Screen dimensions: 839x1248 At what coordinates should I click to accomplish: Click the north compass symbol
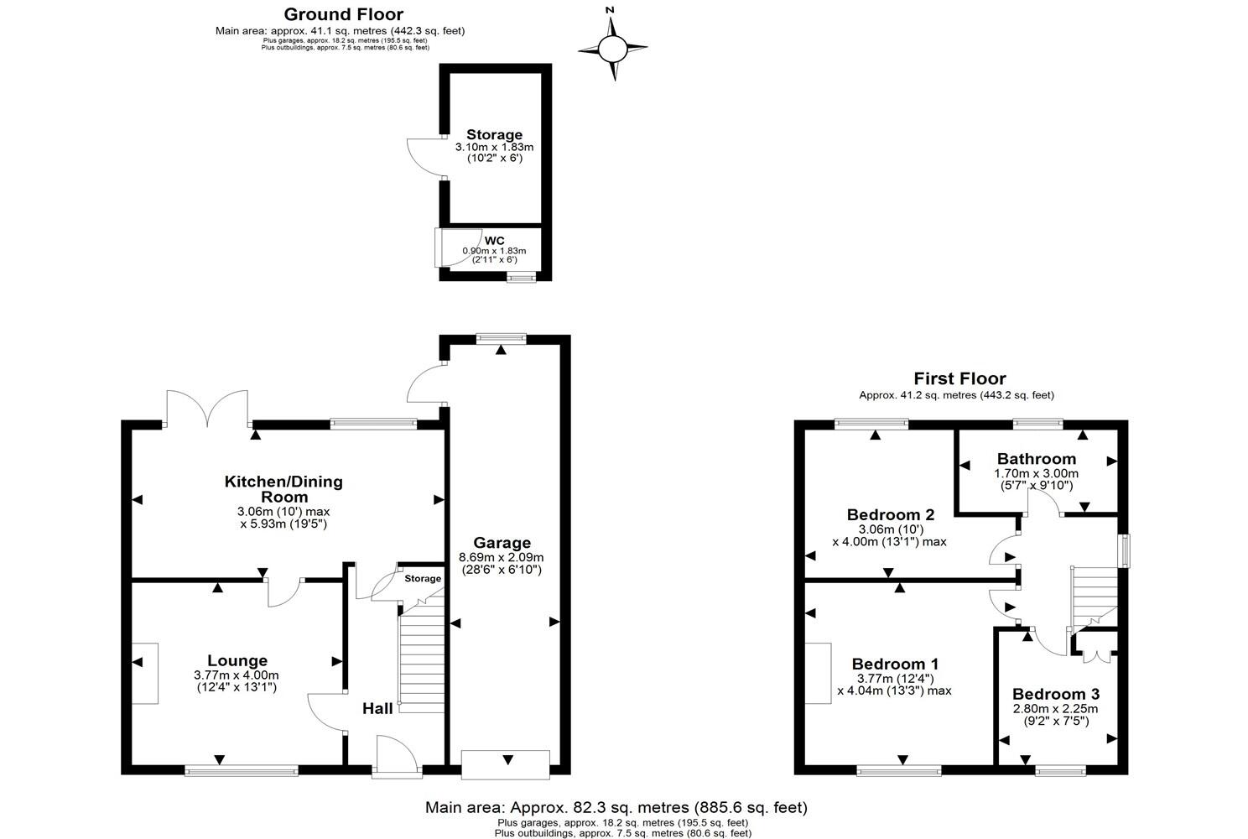[613, 50]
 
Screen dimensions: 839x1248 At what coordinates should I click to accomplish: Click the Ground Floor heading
[343, 14]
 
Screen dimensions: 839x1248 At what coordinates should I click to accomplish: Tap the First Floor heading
[959, 379]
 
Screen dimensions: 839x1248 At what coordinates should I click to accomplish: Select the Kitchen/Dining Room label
[283, 489]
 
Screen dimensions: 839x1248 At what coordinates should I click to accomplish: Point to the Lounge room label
[237, 661]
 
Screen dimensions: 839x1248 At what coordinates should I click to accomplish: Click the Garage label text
[502, 543]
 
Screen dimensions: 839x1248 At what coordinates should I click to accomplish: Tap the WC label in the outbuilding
[494, 240]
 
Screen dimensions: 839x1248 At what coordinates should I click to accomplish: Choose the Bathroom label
[1036, 459]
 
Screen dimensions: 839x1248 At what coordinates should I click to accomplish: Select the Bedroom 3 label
[1055, 695]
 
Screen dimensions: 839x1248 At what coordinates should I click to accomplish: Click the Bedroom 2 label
[890, 515]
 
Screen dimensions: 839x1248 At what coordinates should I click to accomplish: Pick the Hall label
[377, 709]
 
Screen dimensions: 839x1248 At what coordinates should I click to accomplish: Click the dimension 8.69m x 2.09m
[502, 557]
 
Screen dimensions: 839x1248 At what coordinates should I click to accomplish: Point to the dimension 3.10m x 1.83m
[494, 148]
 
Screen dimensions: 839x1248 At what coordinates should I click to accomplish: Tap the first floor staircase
[1095, 598]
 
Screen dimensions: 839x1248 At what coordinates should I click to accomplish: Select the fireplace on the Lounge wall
[145, 674]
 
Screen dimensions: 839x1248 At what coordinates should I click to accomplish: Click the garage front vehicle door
[507, 764]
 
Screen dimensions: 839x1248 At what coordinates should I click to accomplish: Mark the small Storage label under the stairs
[423, 579]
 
